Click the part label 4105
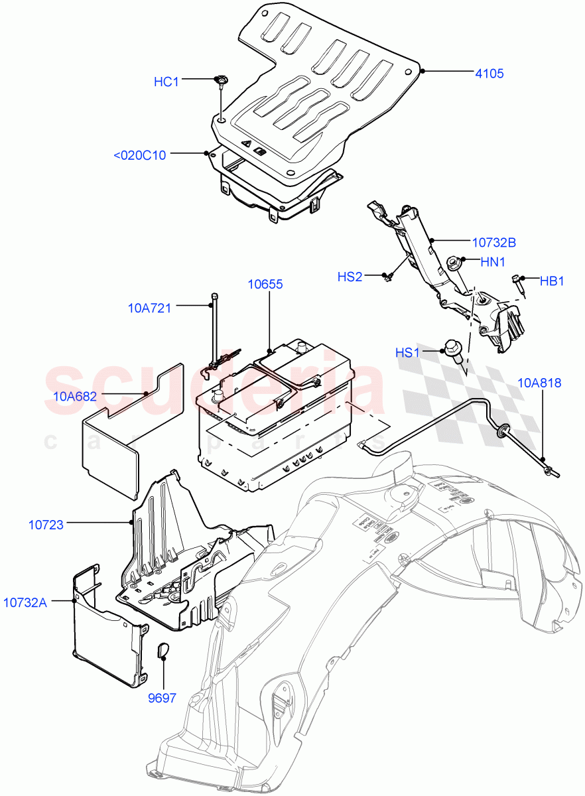click(x=488, y=74)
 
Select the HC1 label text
click(x=166, y=82)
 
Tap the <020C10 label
click(x=140, y=155)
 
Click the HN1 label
click(x=493, y=262)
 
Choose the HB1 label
click(x=551, y=281)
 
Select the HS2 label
click(x=350, y=277)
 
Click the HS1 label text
click(x=408, y=353)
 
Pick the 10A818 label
click(x=539, y=382)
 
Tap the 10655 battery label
click(x=265, y=284)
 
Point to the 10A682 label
click(x=75, y=397)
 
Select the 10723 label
click(x=46, y=525)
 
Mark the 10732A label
click(x=25, y=602)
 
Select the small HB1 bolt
click(x=517, y=281)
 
